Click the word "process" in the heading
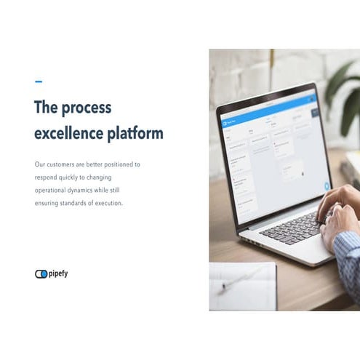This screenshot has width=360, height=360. (87, 108)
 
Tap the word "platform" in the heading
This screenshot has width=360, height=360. (136, 134)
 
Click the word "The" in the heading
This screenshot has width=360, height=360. (46, 108)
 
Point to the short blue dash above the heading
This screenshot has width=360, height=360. (39, 81)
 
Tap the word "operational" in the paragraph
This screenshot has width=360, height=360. (53, 191)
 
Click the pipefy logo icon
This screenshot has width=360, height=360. (41, 274)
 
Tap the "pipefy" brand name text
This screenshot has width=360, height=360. (58, 274)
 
